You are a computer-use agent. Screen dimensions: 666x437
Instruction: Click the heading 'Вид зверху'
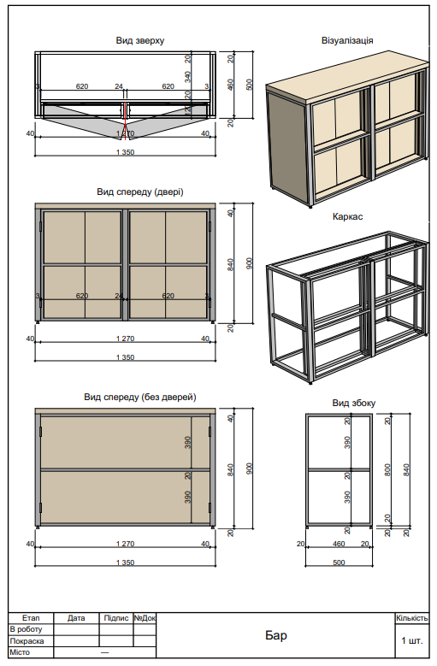click(x=140, y=40)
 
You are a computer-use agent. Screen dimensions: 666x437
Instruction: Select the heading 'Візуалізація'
click(x=347, y=40)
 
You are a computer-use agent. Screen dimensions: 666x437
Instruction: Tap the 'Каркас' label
click(x=347, y=217)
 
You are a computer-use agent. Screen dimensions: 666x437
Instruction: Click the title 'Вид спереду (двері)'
click(x=139, y=192)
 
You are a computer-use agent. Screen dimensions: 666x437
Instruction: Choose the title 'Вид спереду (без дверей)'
click(x=139, y=397)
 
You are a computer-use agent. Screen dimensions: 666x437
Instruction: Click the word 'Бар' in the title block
click(x=275, y=636)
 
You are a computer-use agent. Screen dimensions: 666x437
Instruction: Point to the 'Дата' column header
click(x=76, y=617)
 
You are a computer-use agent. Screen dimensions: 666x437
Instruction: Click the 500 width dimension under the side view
click(x=339, y=563)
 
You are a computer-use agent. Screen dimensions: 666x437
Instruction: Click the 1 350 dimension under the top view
click(x=125, y=152)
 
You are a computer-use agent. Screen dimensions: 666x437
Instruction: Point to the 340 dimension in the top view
click(x=188, y=77)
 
